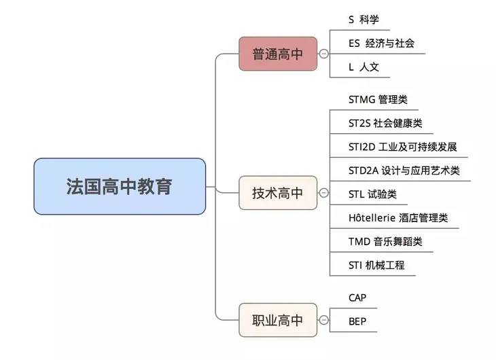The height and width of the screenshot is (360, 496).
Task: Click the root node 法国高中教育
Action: (x=120, y=186)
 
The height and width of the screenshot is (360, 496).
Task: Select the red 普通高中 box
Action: (x=278, y=54)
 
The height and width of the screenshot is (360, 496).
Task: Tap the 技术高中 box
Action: (x=278, y=193)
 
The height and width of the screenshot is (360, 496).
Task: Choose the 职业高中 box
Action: (x=278, y=320)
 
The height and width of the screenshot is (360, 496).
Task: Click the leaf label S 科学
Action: (x=364, y=20)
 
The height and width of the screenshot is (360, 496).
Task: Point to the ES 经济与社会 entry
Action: (x=380, y=43)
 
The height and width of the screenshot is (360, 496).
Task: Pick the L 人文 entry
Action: (x=364, y=67)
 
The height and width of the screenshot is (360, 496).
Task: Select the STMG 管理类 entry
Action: (x=378, y=99)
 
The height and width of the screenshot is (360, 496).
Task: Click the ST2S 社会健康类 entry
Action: (x=385, y=123)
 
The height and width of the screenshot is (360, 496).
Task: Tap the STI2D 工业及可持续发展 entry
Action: (x=402, y=147)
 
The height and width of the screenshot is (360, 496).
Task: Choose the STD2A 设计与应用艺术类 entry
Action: (x=404, y=170)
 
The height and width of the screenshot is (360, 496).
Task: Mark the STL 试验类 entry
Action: (x=372, y=194)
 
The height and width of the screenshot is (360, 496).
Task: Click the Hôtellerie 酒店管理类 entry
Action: (x=397, y=218)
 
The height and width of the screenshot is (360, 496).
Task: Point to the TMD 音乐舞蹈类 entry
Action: (x=385, y=241)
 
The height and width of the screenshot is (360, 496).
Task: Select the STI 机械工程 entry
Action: (x=376, y=265)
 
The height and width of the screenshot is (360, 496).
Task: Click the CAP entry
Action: (x=358, y=298)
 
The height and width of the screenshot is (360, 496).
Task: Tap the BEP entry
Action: (x=357, y=321)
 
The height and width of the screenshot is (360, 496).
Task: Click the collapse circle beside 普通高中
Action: (x=323, y=54)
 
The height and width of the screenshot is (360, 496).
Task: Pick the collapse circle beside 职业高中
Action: (x=323, y=320)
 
